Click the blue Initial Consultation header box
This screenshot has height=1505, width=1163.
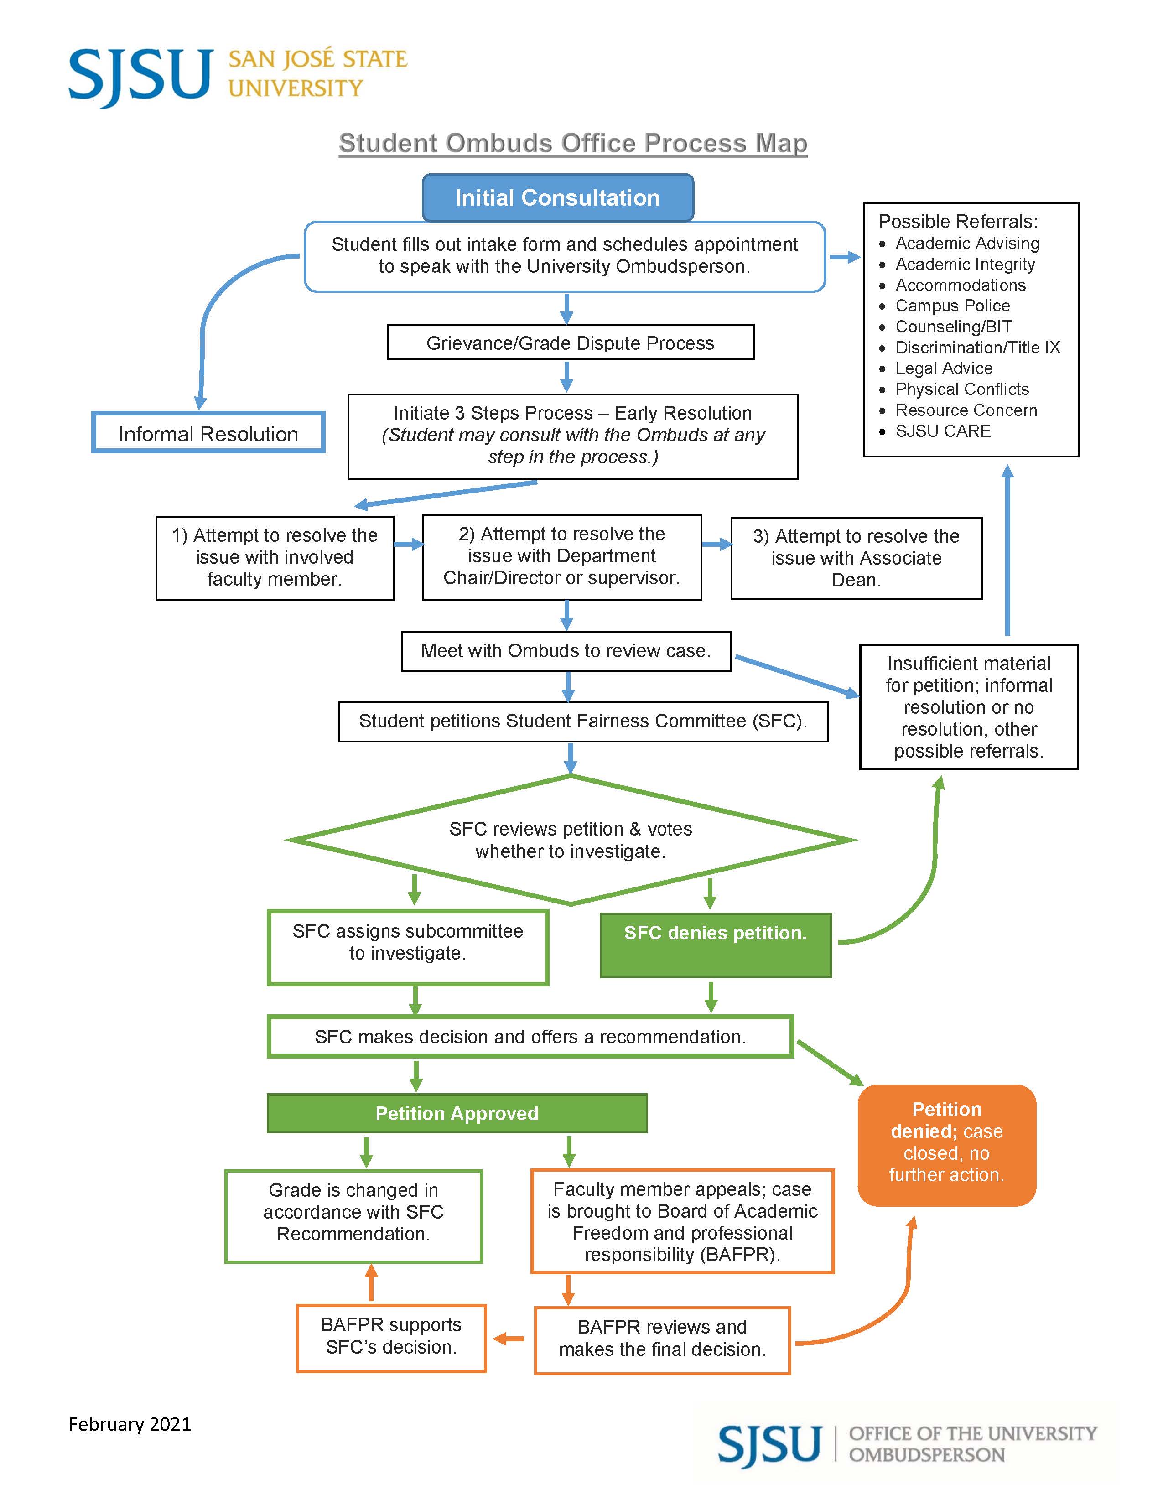tap(557, 198)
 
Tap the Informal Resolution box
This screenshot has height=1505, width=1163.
tap(208, 433)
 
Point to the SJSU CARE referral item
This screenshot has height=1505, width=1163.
tap(943, 431)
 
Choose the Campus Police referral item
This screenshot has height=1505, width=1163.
tap(952, 306)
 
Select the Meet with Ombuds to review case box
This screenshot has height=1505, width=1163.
tap(566, 650)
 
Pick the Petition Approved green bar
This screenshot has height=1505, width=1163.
tap(457, 1113)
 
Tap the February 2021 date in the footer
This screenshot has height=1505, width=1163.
tap(130, 1424)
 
